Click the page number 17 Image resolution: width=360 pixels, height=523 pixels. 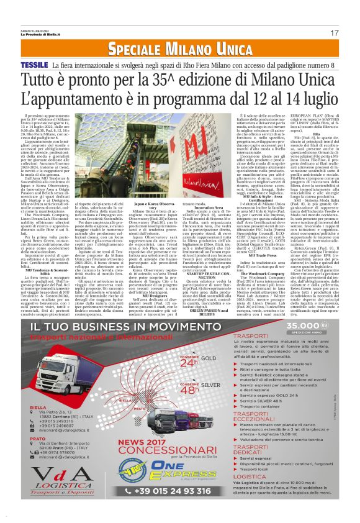pos(334,32)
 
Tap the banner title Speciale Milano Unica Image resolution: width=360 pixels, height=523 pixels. pos(180,49)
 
